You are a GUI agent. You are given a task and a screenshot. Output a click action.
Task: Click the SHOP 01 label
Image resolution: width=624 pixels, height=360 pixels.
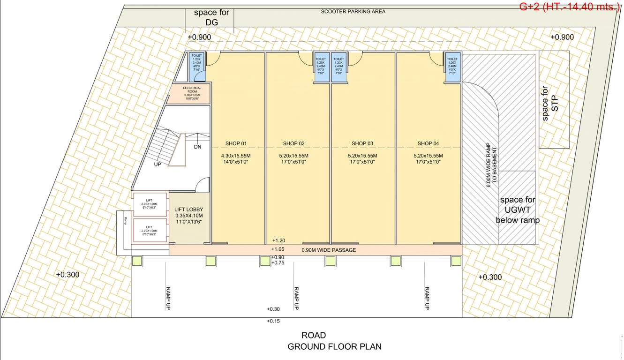tap(237, 143)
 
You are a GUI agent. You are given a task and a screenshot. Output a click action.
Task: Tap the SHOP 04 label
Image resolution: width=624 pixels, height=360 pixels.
tap(428, 143)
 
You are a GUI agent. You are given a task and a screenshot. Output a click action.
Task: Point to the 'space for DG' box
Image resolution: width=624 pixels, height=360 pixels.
tap(212, 17)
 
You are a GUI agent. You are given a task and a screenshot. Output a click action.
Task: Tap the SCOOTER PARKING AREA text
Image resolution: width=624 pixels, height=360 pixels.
tap(353, 11)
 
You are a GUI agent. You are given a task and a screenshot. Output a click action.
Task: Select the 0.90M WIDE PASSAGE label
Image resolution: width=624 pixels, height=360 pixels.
tap(328, 250)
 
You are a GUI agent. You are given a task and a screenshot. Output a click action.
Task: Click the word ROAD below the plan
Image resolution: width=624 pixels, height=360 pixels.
tap(314, 336)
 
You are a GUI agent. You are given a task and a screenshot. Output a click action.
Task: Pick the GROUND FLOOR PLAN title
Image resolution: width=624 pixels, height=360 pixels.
tap(334, 347)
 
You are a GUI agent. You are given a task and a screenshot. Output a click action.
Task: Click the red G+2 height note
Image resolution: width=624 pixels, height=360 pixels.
tap(570, 7)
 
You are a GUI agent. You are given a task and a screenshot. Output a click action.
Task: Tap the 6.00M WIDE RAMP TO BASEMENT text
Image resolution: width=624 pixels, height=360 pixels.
tap(491, 168)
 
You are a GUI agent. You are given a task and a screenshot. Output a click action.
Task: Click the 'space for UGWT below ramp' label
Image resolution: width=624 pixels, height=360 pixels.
tap(517, 210)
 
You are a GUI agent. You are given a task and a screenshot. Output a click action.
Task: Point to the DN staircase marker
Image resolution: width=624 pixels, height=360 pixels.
tap(198, 147)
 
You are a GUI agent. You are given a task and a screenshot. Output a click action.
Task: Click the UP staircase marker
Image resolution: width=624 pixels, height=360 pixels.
tap(158, 165)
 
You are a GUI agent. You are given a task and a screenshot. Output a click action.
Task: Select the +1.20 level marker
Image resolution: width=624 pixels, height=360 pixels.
tap(278, 240)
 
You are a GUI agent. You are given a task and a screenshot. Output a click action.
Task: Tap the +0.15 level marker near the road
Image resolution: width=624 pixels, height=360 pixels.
tap(273, 321)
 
